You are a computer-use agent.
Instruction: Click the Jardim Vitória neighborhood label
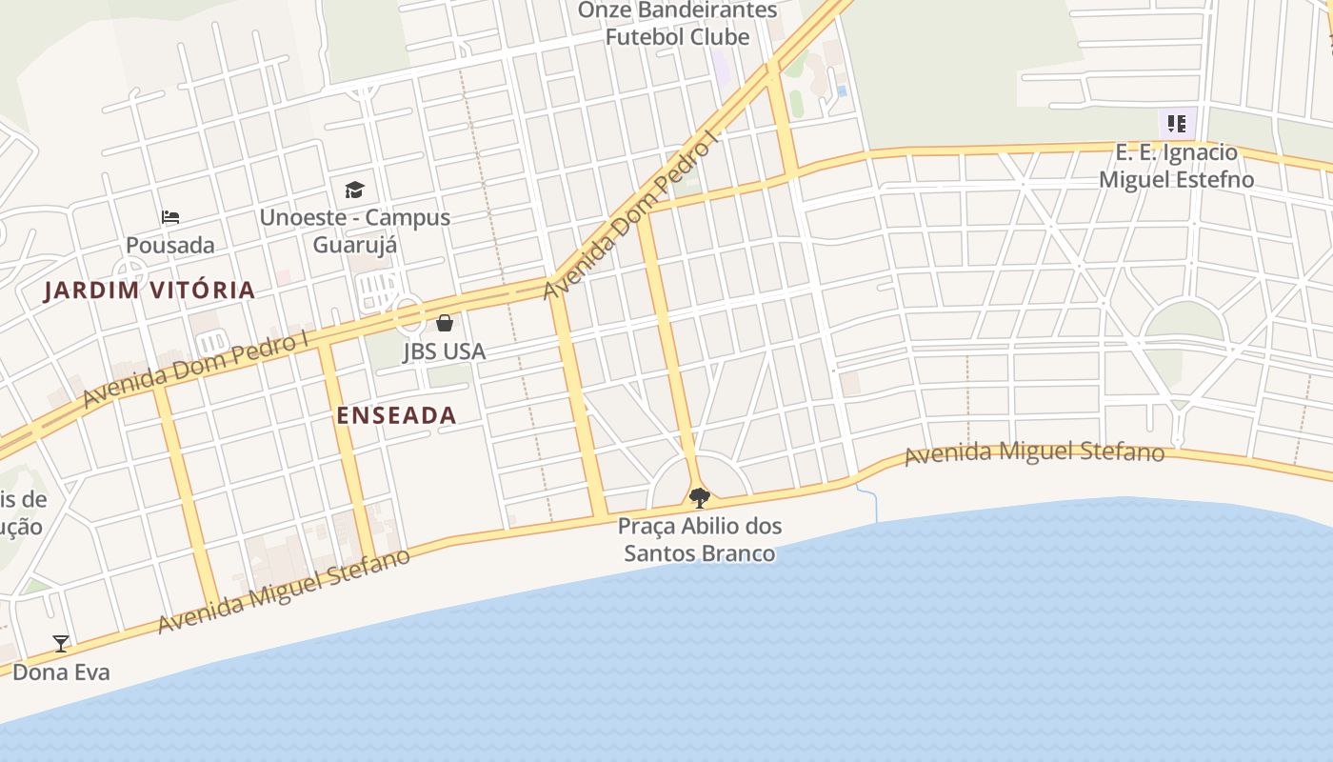(149, 291)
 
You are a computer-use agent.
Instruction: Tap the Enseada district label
(396, 415)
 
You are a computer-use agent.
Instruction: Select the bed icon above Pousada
(170, 217)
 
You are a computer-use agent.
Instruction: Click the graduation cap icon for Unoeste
(354, 190)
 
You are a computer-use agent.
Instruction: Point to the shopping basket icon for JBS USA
(444, 323)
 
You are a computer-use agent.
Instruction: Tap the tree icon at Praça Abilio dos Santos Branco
(699, 497)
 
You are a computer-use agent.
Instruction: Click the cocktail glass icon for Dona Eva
(61, 644)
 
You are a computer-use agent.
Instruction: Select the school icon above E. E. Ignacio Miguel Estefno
(1177, 124)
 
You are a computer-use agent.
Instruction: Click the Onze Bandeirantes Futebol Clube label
(678, 24)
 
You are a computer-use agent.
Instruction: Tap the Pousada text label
(170, 246)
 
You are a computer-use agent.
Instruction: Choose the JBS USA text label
(444, 351)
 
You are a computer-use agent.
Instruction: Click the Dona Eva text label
(61, 672)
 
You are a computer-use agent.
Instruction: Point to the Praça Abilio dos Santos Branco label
(700, 539)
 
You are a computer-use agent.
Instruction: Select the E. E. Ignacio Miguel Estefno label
(1177, 166)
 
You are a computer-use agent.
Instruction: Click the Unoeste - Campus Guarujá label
(354, 231)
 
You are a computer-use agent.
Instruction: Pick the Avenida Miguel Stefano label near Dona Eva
(284, 591)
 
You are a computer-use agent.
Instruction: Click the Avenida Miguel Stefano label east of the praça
(1034, 452)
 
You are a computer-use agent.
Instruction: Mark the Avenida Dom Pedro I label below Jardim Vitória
(196, 370)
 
